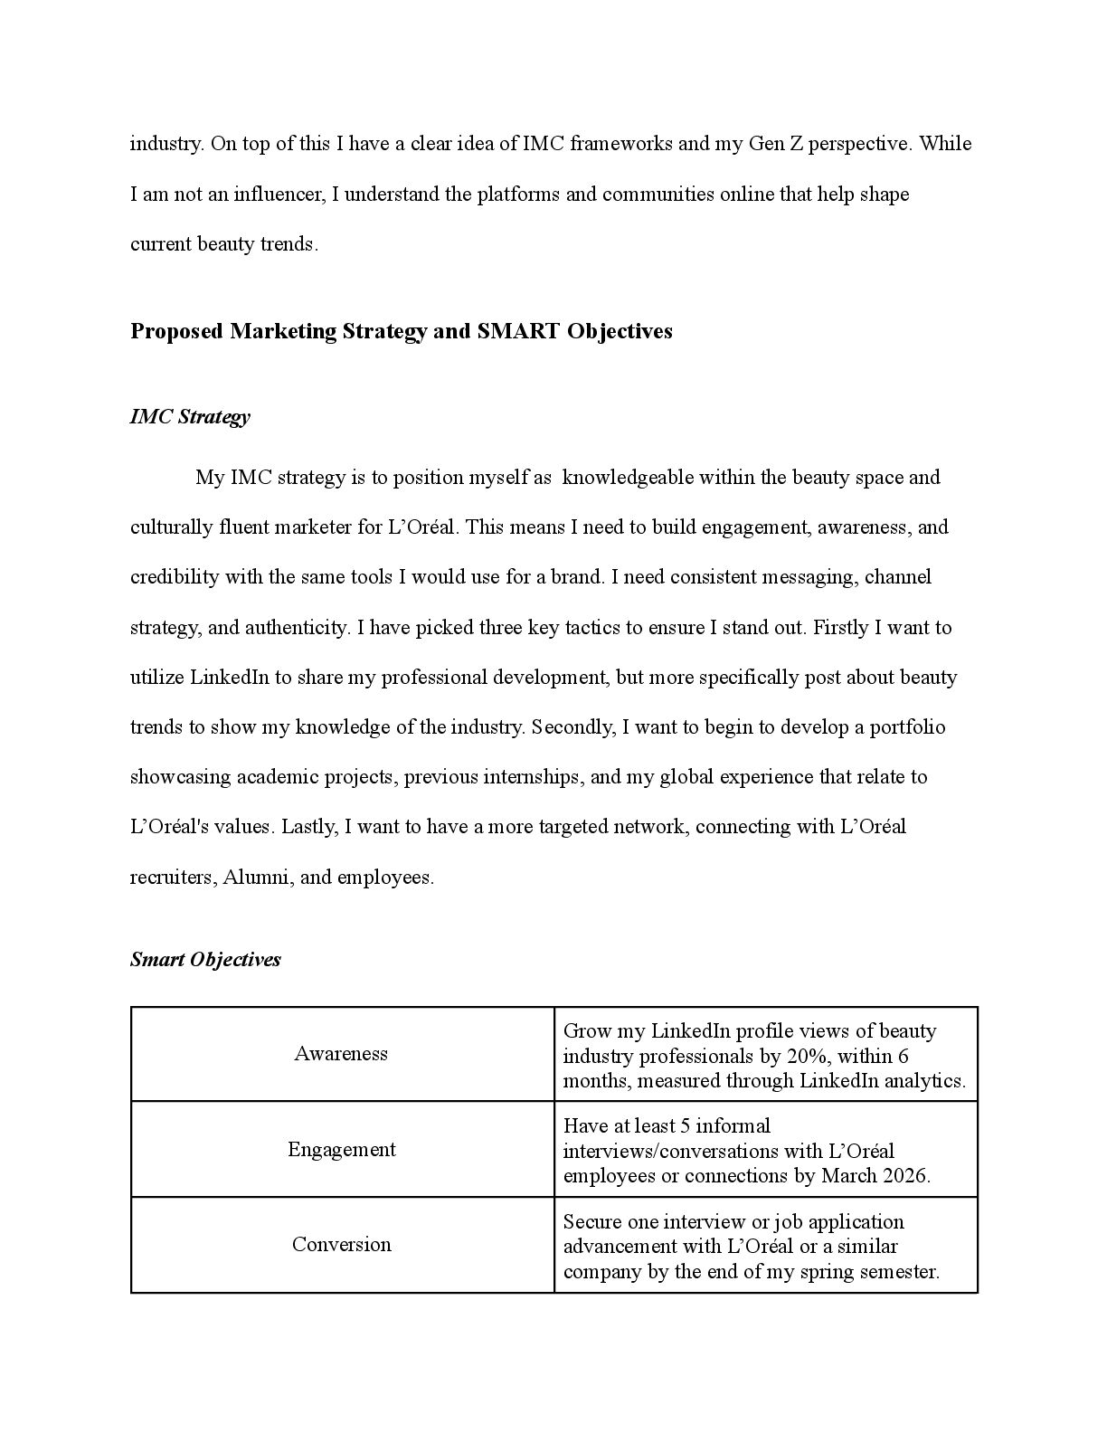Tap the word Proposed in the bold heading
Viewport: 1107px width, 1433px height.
(176, 331)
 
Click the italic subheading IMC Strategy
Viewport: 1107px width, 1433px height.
(190, 417)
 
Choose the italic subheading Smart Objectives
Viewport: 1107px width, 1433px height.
(205, 960)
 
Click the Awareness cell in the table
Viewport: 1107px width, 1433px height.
(341, 1053)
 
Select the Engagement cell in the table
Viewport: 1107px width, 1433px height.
(341, 1149)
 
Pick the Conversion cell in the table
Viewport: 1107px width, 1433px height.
(341, 1244)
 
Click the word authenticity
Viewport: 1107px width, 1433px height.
(293, 627)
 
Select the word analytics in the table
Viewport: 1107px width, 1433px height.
(925, 1080)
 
